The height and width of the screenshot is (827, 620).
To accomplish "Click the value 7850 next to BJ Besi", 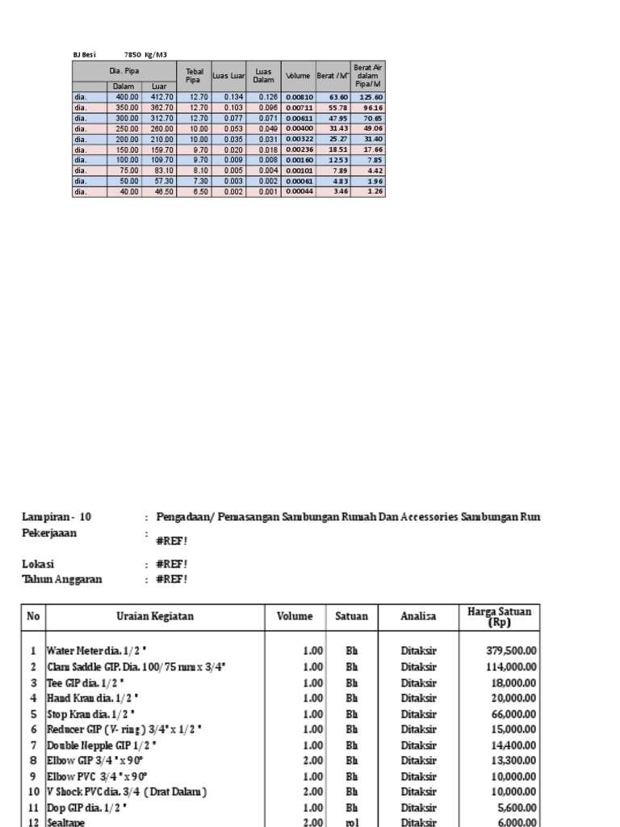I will [x=132, y=54].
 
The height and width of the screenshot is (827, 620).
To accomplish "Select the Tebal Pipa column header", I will [x=194, y=76].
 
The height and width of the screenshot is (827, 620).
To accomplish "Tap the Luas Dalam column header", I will [x=263, y=76].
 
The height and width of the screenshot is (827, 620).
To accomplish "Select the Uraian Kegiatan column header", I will [x=155, y=616].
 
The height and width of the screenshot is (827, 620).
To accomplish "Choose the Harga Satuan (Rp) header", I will [x=499, y=617].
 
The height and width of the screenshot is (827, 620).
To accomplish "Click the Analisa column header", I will [x=418, y=616].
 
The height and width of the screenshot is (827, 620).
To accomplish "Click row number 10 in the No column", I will [x=32, y=792].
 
